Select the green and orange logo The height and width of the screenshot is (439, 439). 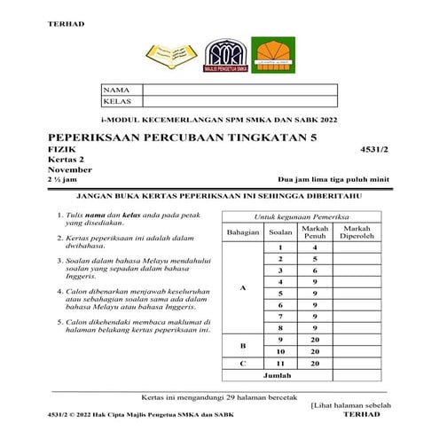click(270, 56)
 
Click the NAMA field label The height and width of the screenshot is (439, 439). click(116, 90)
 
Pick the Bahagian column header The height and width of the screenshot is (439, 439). click(242, 233)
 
